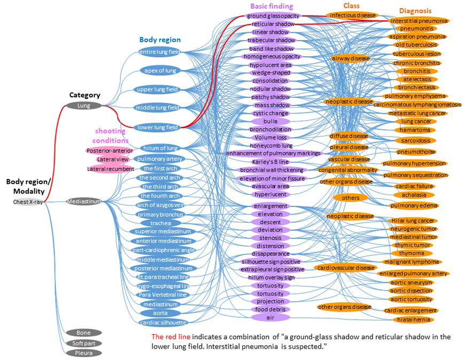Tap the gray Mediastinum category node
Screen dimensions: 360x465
coord(83,202)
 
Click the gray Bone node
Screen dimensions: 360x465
coord(83,333)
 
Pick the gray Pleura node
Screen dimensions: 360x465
coord(83,353)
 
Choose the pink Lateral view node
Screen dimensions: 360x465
coord(112,159)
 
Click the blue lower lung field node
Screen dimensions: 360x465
coord(159,127)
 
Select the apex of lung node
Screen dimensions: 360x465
coord(159,71)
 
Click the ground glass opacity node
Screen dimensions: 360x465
coord(273,16)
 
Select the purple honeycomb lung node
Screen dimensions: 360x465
coord(272,145)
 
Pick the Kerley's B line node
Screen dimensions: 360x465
coord(270,162)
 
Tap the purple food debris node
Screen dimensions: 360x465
coord(270,309)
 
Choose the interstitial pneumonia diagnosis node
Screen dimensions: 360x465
coord(419,20)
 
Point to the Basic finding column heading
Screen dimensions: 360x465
coord(272,6)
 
